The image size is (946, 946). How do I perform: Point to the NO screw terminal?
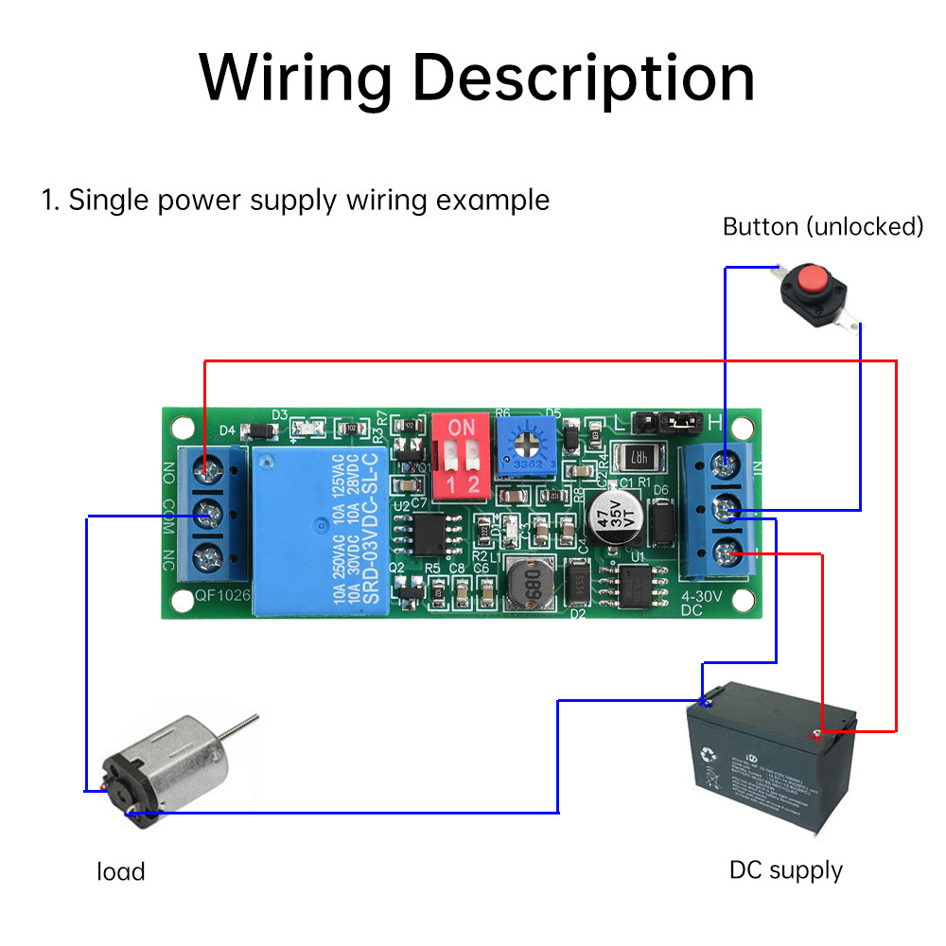tap(209, 466)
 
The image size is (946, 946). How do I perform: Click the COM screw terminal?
tap(209, 516)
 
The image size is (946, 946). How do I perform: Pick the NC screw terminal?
tap(209, 555)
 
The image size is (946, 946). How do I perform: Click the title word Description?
tap(584, 78)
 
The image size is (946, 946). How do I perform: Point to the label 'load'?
tap(121, 871)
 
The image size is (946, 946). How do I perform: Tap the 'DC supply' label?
tap(785, 869)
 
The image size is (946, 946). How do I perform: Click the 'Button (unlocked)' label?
tap(822, 226)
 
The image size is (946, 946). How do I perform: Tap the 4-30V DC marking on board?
tap(702, 604)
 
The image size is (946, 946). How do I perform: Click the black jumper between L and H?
tap(674, 419)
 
